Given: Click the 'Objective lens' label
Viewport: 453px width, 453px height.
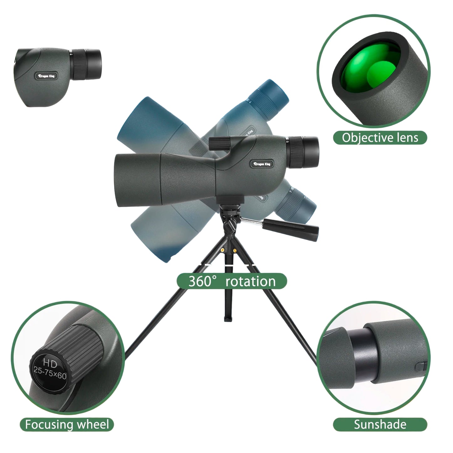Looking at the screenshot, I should point(380,138).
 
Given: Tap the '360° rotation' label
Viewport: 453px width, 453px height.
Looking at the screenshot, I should point(232,281).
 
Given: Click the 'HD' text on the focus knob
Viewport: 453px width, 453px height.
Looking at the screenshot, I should point(50,364).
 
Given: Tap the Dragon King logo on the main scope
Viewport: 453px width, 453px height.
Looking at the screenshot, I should point(262,164).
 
